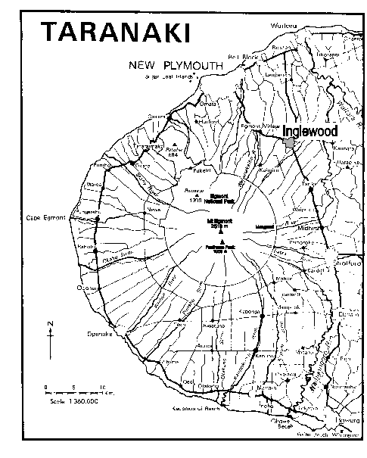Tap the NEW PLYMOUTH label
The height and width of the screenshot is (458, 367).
[176, 66]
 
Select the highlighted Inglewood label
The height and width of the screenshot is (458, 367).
[309, 131]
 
